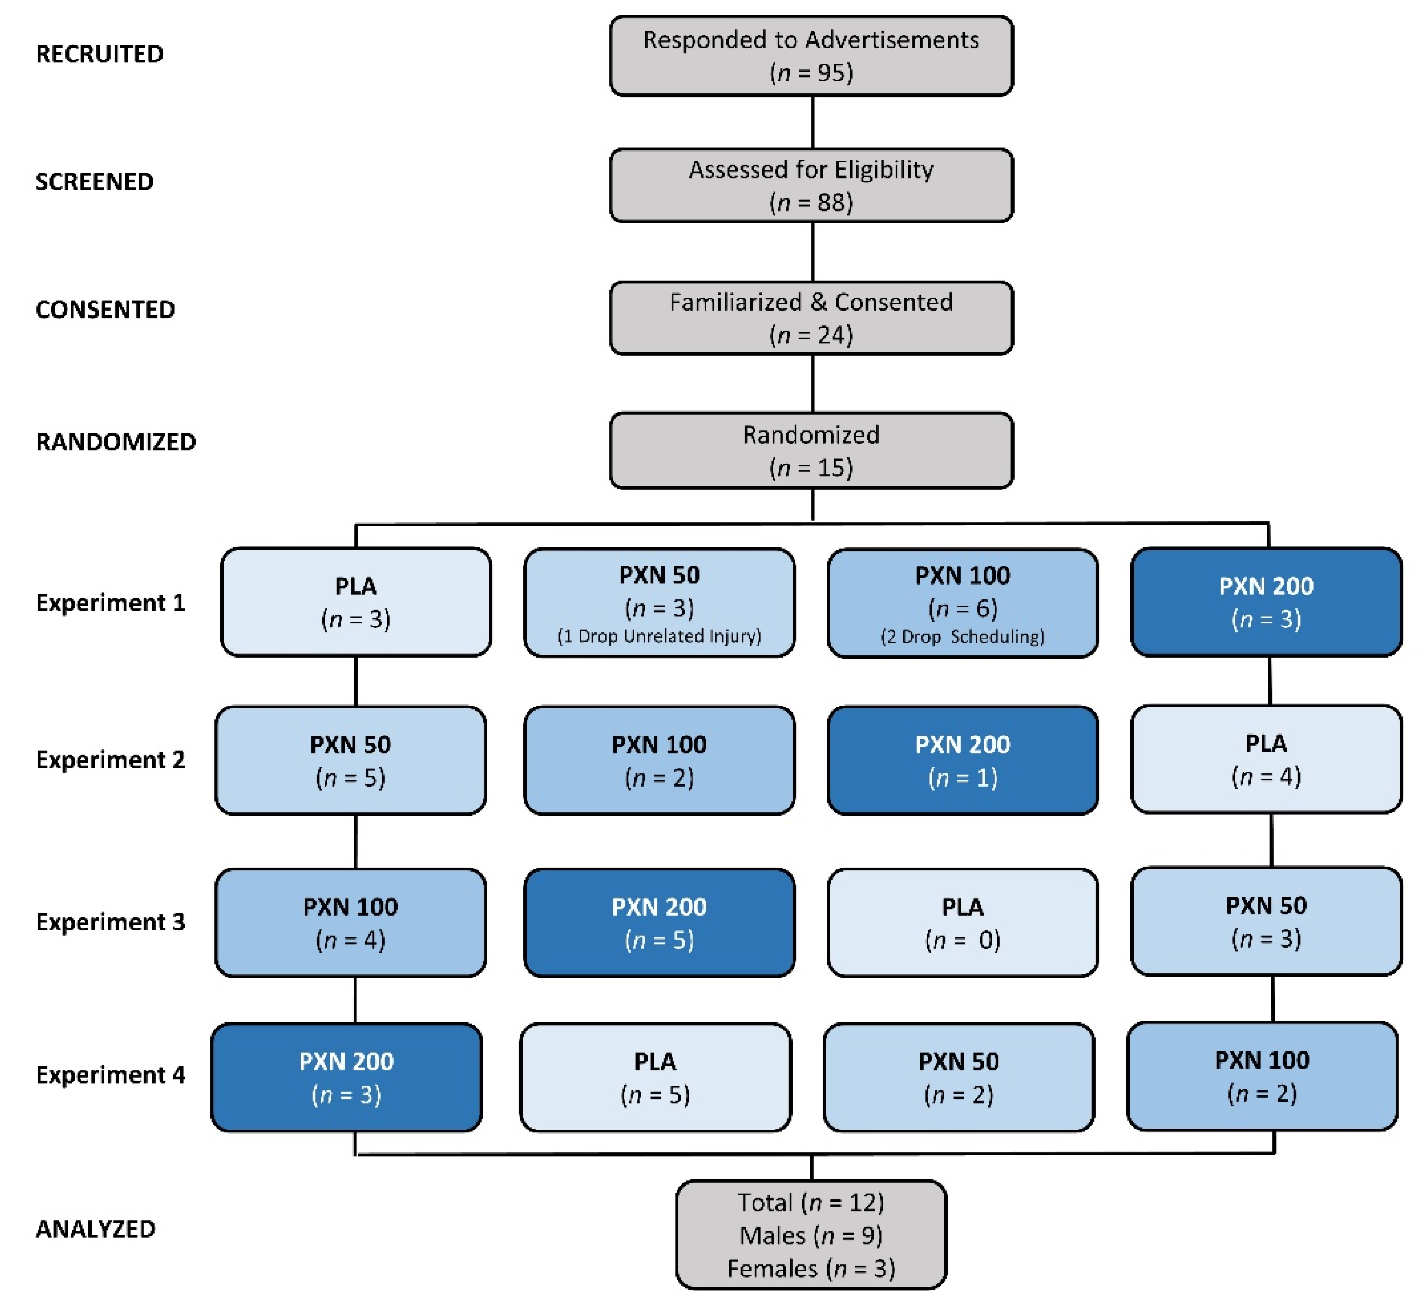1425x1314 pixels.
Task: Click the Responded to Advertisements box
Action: (x=811, y=56)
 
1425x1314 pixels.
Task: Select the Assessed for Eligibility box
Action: (x=811, y=185)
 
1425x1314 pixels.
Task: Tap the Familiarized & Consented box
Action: (x=811, y=318)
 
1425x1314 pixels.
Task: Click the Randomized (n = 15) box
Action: (x=811, y=451)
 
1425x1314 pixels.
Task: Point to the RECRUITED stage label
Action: (x=100, y=54)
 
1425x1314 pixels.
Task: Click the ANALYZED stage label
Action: (x=95, y=1230)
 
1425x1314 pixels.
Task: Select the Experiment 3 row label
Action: (x=110, y=922)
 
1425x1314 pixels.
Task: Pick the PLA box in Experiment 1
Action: (x=356, y=602)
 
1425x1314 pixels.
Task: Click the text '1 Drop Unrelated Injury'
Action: (x=659, y=636)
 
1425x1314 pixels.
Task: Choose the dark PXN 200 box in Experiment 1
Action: (x=1266, y=602)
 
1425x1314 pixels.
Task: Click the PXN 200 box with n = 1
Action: (x=962, y=760)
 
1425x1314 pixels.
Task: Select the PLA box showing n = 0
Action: (x=962, y=923)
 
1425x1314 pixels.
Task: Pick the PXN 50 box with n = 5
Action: (x=350, y=760)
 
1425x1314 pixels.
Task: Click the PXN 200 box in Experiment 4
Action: (x=346, y=1077)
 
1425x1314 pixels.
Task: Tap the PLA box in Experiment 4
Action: (x=655, y=1077)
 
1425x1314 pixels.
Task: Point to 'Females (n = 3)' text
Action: (x=811, y=1269)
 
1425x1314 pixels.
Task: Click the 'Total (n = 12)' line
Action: (x=811, y=1202)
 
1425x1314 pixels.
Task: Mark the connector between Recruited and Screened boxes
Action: (x=813, y=122)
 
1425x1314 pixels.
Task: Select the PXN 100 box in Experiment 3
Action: (x=350, y=923)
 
